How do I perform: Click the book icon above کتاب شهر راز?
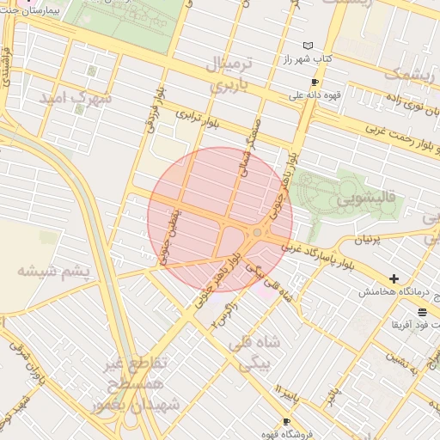coord(308,46)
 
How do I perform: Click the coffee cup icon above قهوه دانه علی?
coord(315,82)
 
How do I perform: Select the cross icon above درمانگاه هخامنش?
coord(394,278)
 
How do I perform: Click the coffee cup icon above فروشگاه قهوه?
coord(285,421)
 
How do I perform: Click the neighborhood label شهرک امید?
coord(76,98)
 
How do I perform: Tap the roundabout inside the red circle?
coord(257,232)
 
